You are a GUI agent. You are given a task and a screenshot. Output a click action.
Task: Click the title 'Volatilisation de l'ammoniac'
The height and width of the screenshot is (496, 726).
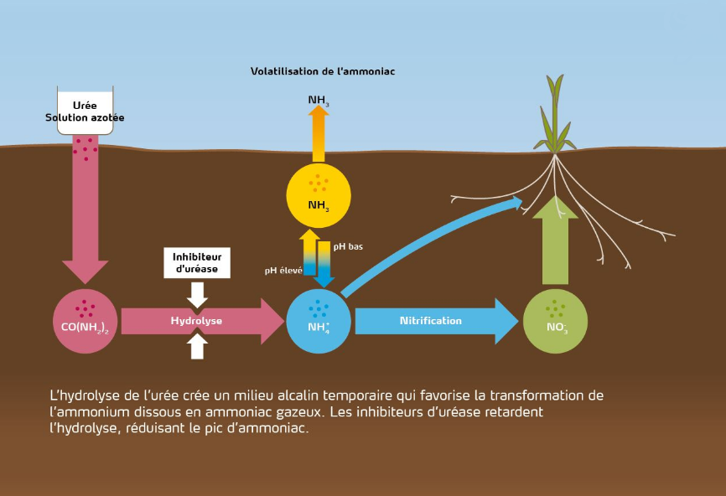tap(322, 71)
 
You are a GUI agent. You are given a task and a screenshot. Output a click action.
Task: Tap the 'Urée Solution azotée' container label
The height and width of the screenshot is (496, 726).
tap(85, 112)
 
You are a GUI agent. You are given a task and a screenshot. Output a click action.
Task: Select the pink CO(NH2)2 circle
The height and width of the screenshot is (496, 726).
tap(85, 321)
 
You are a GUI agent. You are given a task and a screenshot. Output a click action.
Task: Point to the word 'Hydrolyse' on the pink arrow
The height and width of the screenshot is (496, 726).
tap(196, 321)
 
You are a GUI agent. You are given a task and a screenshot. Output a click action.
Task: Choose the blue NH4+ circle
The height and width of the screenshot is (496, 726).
tap(319, 321)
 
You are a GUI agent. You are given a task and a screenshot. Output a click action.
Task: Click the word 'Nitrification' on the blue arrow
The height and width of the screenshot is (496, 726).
tap(430, 321)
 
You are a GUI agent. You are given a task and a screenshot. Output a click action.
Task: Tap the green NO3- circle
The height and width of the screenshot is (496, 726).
tap(555, 321)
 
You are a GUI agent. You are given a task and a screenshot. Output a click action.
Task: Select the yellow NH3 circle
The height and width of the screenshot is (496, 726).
tap(319, 195)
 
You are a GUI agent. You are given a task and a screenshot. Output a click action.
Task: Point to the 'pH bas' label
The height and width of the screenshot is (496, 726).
tap(348, 247)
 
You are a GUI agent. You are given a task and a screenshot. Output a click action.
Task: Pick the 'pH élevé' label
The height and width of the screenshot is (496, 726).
tap(283, 271)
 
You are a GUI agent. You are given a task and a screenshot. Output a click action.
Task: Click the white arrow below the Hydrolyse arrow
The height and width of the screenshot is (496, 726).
tap(197, 345)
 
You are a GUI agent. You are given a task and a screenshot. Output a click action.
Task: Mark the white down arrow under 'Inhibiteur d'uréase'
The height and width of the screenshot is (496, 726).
tap(197, 294)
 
